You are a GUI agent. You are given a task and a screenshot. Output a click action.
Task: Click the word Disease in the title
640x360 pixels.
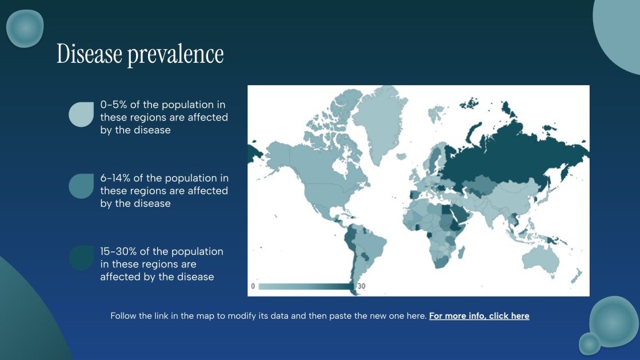[x=89, y=54]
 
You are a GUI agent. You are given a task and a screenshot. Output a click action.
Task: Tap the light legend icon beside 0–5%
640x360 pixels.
[x=81, y=114]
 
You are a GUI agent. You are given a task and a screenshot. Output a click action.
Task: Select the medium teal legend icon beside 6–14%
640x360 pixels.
[x=81, y=186]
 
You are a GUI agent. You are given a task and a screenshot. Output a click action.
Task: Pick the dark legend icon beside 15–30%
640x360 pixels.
[x=81, y=258]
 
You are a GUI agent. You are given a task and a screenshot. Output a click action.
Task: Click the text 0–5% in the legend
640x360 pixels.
[x=113, y=105]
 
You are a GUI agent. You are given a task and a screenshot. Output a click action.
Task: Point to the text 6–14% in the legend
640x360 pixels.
[x=115, y=178]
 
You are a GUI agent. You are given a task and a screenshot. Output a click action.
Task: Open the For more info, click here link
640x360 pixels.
[x=479, y=316]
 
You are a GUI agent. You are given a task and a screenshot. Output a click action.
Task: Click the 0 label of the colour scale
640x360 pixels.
[x=253, y=286]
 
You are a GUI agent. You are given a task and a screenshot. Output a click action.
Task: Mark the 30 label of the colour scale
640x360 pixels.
[x=361, y=286]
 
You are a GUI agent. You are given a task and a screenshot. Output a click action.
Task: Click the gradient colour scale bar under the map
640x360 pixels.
[x=306, y=286]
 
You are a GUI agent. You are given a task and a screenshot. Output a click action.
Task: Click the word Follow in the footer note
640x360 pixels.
[x=124, y=316]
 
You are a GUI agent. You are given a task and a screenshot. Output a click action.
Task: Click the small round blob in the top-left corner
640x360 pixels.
[x=25, y=28]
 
